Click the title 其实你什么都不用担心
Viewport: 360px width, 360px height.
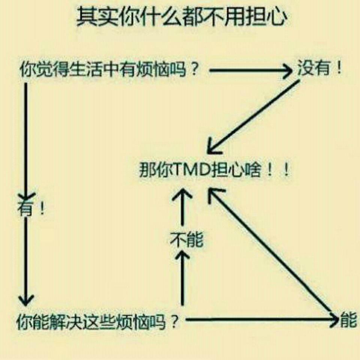181,17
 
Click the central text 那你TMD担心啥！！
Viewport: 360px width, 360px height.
214,170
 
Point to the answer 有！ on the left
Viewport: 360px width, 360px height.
31,208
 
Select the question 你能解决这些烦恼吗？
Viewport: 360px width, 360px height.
97,321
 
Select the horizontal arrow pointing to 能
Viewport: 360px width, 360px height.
262,319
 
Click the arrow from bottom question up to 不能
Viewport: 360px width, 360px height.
182,278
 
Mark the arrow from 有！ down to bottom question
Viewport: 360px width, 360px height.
26,262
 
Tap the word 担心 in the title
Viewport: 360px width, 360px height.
266,17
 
